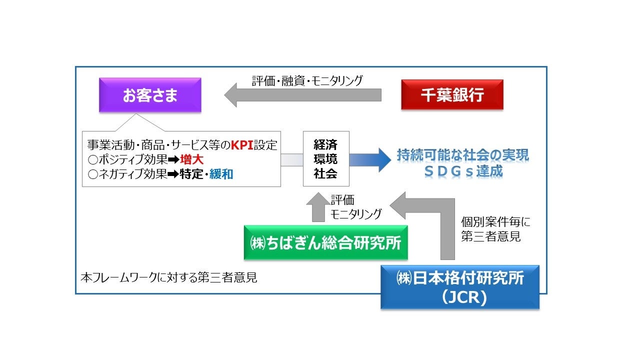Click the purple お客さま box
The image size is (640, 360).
tap(150, 95)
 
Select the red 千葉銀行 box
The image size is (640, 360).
tap(452, 95)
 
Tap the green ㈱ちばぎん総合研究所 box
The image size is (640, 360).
tap(325, 243)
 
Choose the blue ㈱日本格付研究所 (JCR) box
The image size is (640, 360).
tap(460, 286)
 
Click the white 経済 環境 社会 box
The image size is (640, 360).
tap(325, 159)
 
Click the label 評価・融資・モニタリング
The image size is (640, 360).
tap(307, 80)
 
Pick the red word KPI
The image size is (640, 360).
tap(242, 145)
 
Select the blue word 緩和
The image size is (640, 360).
tap(221, 174)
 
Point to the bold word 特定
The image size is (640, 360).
tap(192, 174)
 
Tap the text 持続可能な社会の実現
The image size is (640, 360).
tap(462, 155)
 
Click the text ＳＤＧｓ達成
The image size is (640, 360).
tap(462, 171)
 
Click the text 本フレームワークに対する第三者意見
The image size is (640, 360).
tap(169, 277)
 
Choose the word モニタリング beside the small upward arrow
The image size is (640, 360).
tap(356, 213)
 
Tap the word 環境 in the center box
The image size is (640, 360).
tap(325, 159)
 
